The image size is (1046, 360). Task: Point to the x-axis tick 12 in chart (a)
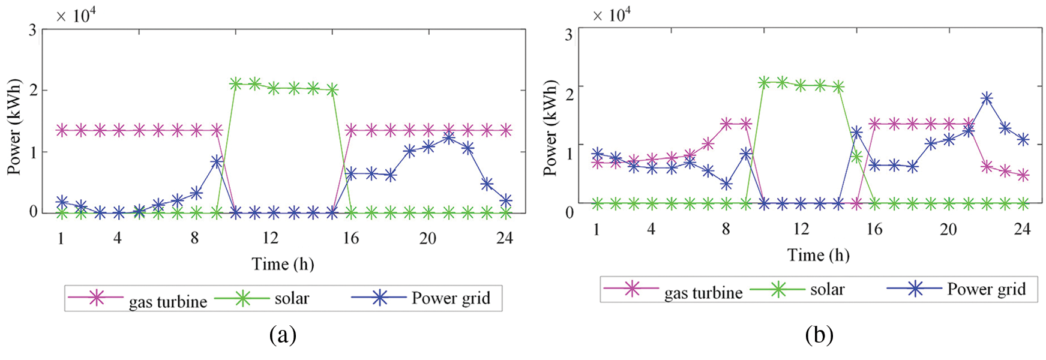[x=270, y=238]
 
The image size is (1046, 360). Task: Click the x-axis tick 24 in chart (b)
[x=1021, y=229]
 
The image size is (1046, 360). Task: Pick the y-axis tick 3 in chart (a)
[x=32, y=30]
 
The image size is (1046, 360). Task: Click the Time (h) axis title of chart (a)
[x=283, y=264]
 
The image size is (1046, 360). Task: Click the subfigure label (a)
[x=283, y=334]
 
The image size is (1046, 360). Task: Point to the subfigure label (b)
[x=819, y=334]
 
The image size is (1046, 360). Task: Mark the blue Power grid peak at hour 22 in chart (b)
[x=986, y=98]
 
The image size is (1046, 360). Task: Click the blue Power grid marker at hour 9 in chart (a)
[x=217, y=162]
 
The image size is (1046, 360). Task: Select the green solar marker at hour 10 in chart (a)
[x=236, y=83]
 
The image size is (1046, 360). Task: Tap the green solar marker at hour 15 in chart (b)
[x=856, y=157]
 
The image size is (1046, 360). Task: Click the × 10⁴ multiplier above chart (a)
[x=76, y=15]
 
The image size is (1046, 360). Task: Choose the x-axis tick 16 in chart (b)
[x=874, y=229]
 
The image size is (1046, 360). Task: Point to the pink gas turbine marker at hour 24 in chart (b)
[x=1023, y=175]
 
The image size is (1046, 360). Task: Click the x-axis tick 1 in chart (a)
[x=61, y=238]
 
